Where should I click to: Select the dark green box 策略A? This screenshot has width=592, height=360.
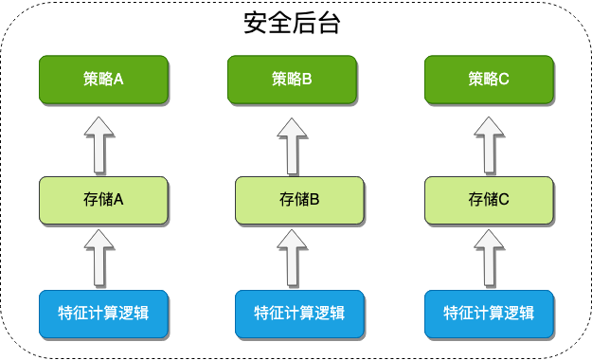coord(103,80)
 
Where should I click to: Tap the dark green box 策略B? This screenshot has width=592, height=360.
coord(292,80)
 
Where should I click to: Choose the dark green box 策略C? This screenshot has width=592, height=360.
coord(489,80)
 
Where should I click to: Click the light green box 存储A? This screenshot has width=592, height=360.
coord(103,200)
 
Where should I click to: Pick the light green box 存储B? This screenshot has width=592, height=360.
coord(299,200)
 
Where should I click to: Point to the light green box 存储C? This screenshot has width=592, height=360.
coord(489,200)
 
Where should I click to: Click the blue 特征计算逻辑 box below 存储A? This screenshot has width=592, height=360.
coord(103,314)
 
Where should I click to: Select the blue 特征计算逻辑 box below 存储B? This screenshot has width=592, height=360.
coord(299,314)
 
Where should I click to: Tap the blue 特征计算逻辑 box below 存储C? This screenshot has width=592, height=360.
coord(489,314)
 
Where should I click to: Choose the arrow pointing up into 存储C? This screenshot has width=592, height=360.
coord(489,258)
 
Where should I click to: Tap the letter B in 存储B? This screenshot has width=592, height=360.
coord(314,200)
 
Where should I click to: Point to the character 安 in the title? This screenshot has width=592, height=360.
coord(255,23)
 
